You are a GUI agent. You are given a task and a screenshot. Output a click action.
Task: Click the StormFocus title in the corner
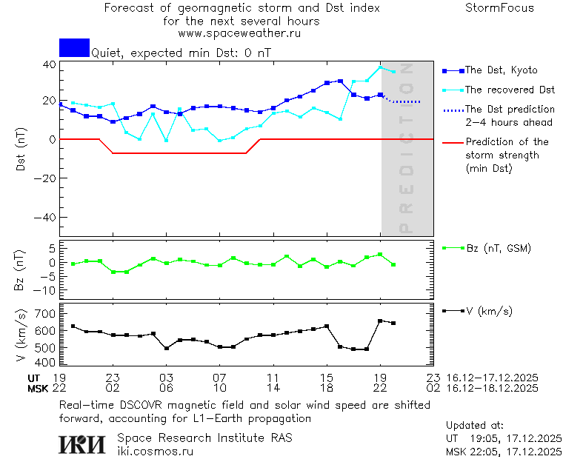point(499,8)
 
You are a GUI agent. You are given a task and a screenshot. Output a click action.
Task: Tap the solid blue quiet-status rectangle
point(74,47)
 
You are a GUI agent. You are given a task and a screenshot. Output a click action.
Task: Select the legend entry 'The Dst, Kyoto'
point(502,70)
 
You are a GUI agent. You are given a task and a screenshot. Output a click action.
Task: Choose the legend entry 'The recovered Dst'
point(510,90)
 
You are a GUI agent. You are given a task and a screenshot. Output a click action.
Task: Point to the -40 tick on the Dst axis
point(48,218)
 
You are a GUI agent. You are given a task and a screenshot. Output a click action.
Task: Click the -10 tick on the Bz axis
point(47,290)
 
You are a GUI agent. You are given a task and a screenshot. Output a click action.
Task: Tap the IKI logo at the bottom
point(83,443)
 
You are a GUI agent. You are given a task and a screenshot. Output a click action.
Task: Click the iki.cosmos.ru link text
point(155,451)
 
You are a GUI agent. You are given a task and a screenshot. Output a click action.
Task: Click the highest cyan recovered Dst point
point(380,68)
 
